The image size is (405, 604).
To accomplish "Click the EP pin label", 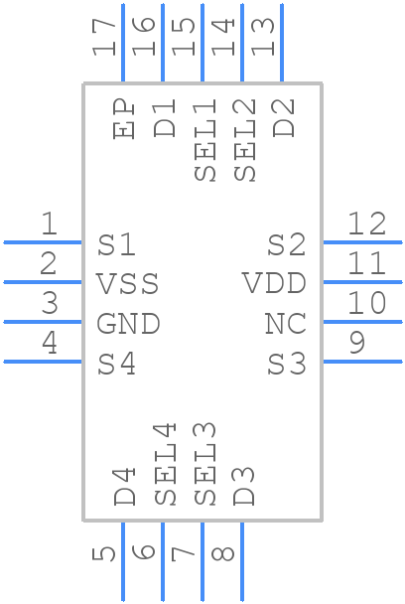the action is tap(123, 118).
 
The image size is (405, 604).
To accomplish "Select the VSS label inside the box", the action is tap(127, 283).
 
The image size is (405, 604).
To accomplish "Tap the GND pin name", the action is tap(128, 323).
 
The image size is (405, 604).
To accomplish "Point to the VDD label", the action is tap(275, 283).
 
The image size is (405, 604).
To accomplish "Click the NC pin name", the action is tap(286, 323).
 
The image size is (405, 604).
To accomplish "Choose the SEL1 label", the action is tap(204, 140).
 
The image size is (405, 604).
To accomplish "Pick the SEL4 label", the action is tap(165, 464).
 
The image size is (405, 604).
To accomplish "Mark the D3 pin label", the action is tap(243, 486).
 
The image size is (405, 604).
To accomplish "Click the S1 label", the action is tap(116, 244).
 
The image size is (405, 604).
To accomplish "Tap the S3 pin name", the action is tap(287, 364).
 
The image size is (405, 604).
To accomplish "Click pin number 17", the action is tap(104, 37).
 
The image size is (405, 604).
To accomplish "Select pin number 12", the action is tap(366, 224).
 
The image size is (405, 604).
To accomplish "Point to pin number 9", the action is tap(357, 343).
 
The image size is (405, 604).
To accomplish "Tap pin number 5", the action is tap(104, 554).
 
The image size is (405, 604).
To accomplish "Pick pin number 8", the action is tap(223, 554).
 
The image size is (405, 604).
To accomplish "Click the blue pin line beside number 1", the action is tap(43, 242).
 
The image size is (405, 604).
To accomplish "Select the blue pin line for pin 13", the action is tap(282, 43).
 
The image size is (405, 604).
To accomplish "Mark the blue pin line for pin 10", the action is tap(362, 322).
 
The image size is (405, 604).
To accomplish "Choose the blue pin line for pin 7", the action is tap(202, 561).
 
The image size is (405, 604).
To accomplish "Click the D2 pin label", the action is tap(284, 118).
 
